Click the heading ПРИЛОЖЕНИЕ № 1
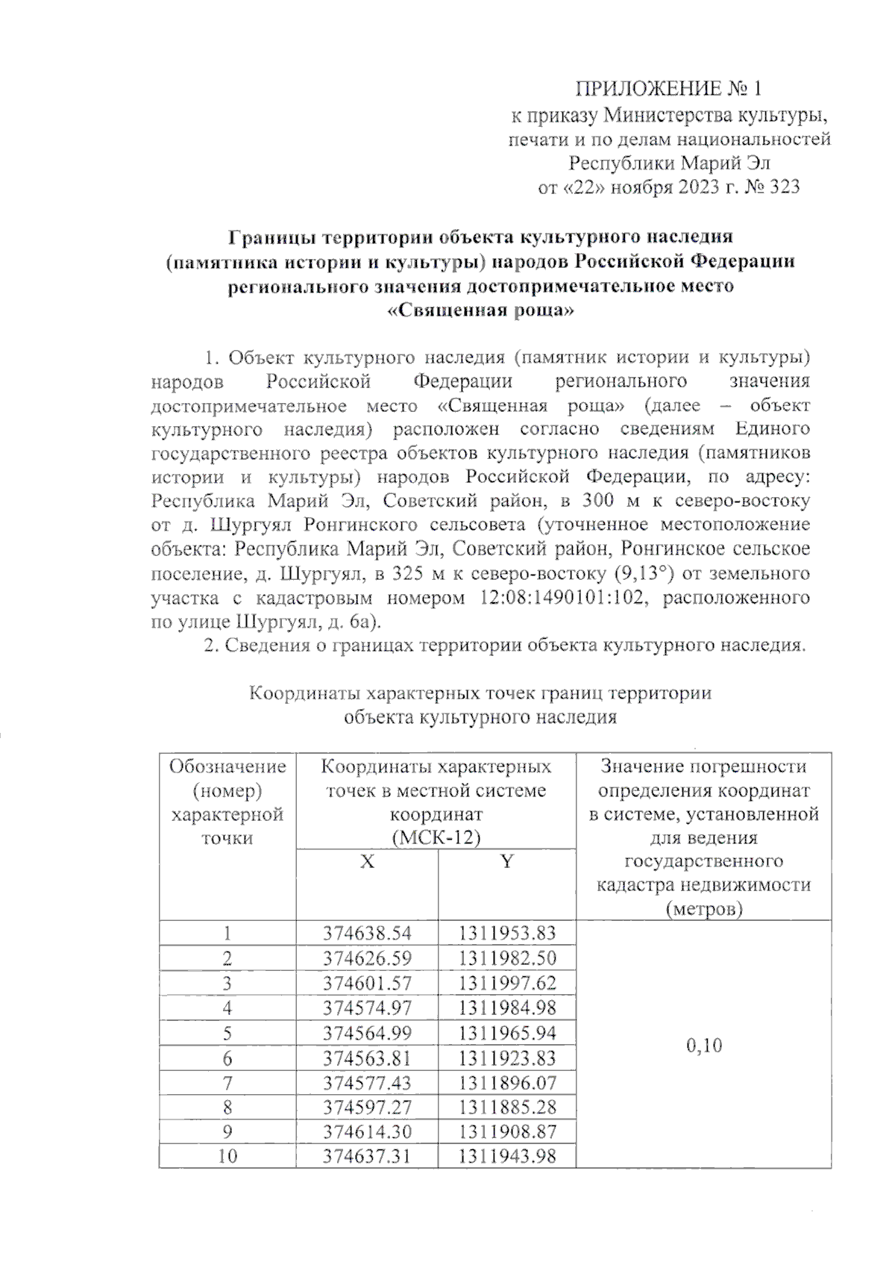pos(668,90)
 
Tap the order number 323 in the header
pos(783,187)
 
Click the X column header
pos(367,862)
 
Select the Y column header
pos(507,862)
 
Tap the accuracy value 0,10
pos(703,1045)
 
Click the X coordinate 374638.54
pos(367,933)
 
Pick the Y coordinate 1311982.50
pos(507,958)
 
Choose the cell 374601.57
pos(367,983)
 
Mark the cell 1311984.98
pos(507,1008)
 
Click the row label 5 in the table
pos(227,1034)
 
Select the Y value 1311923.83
pos(507,1058)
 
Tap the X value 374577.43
pos(367,1083)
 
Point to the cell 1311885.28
pos(507,1107)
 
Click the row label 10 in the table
pos(227,1157)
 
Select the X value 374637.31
pos(367,1157)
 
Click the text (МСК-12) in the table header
pos(436,837)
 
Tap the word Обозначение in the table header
pos(227,766)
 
